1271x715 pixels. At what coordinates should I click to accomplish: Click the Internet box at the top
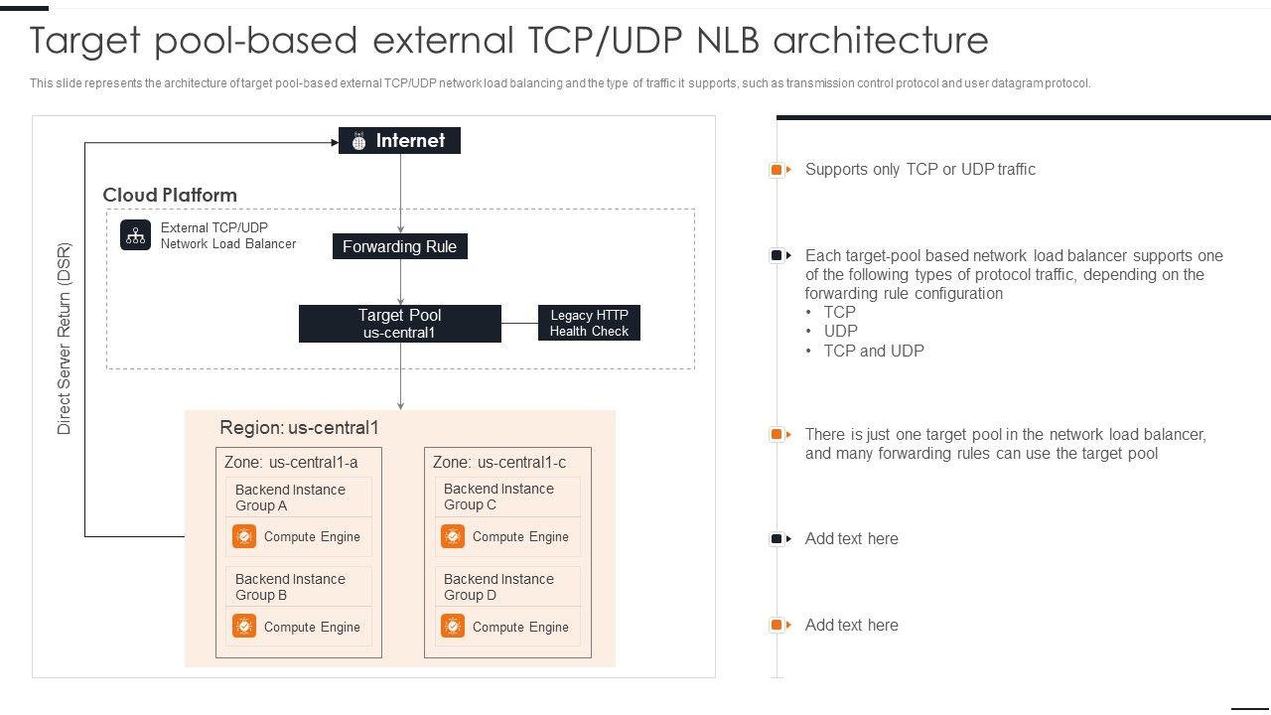coord(399,141)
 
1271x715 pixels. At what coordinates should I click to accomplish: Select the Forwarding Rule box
coord(399,246)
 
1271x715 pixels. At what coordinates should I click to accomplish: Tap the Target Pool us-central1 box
coord(399,324)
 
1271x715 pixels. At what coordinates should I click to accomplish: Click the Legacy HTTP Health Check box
coord(589,324)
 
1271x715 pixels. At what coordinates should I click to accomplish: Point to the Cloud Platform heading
coord(170,195)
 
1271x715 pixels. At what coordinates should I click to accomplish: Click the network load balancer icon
coord(136,235)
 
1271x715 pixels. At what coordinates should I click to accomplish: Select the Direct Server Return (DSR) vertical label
coord(65,339)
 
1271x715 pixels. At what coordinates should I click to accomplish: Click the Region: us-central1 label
coord(299,428)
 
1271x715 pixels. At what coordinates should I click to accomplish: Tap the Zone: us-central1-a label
coord(291,462)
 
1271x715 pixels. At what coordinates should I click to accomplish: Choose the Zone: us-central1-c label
coord(499,462)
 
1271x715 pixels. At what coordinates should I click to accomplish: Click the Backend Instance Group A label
coord(290,498)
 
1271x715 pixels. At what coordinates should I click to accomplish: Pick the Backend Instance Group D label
coord(498,587)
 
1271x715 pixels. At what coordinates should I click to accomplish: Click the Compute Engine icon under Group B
coord(244,627)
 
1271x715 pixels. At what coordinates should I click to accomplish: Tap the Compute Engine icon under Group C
coord(453,536)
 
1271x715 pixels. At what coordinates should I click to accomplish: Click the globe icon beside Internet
coord(358,142)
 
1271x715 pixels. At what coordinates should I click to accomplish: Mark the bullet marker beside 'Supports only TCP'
coord(778,170)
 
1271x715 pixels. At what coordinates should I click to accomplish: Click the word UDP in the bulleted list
coord(841,331)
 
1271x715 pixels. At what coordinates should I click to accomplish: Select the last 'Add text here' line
coord(851,625)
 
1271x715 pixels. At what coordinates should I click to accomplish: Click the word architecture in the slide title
coord(880,41)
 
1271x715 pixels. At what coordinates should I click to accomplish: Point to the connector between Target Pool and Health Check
coord(519,323)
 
